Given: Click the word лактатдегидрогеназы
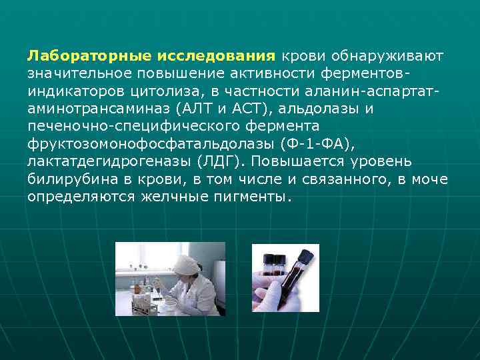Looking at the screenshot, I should [x=105, y=161].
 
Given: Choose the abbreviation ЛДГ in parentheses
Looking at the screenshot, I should [x=213, y=161].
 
